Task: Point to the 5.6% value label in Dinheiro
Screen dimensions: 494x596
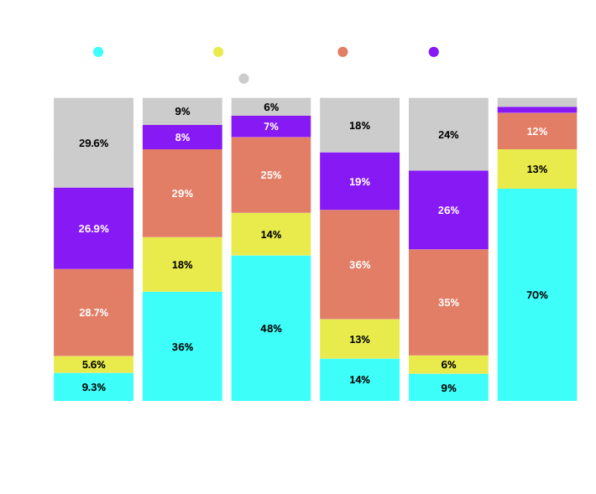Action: pos(94,365)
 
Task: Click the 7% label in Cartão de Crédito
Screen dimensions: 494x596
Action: pos(271,127)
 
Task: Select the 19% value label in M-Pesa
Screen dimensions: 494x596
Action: pos(360,181)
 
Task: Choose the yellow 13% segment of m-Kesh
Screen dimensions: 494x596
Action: pos(537,169)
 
